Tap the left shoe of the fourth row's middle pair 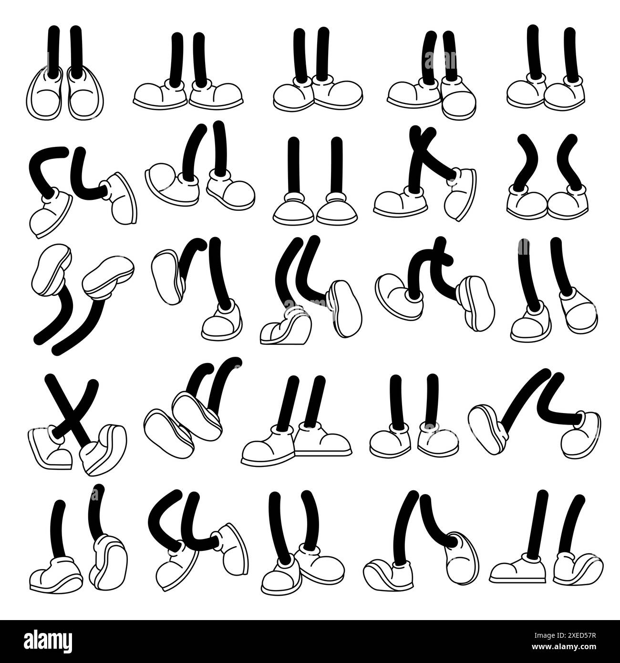tap(268, 446)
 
